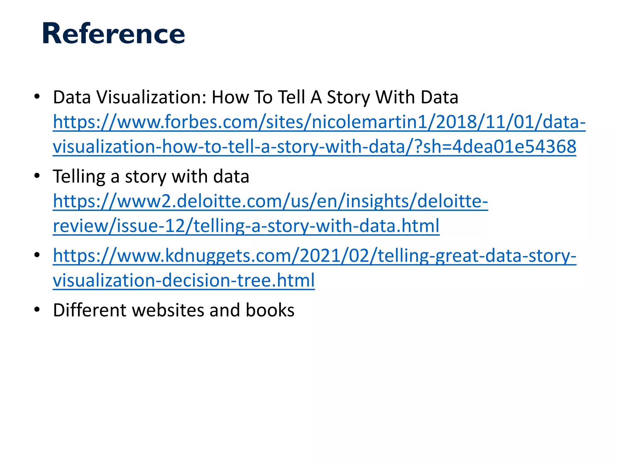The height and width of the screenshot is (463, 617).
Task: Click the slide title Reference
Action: (x=113, y=33)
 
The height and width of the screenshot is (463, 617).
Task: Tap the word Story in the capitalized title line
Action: (x=348, y=97)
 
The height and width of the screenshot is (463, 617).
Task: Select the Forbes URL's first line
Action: (x=319, y=122)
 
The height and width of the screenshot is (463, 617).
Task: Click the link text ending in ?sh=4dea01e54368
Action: (x=314, y=147)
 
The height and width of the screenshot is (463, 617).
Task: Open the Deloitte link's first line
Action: (x=270, y=201)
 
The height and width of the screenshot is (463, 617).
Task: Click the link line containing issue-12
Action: (x=246, y=226)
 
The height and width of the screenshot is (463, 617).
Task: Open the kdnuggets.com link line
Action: (x=314, y=256)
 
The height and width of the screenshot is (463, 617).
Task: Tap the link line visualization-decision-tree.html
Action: (x=184, y=280)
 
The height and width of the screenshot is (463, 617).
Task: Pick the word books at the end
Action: (x=270, y=310)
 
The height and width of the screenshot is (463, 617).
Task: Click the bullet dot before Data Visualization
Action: (x=37, y=97)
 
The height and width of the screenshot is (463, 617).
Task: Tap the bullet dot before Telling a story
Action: (x=37, y=176)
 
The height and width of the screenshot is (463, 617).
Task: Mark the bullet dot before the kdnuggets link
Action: (x=37, y=255)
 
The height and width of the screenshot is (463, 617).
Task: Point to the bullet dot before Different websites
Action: (x=37, y=310)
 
